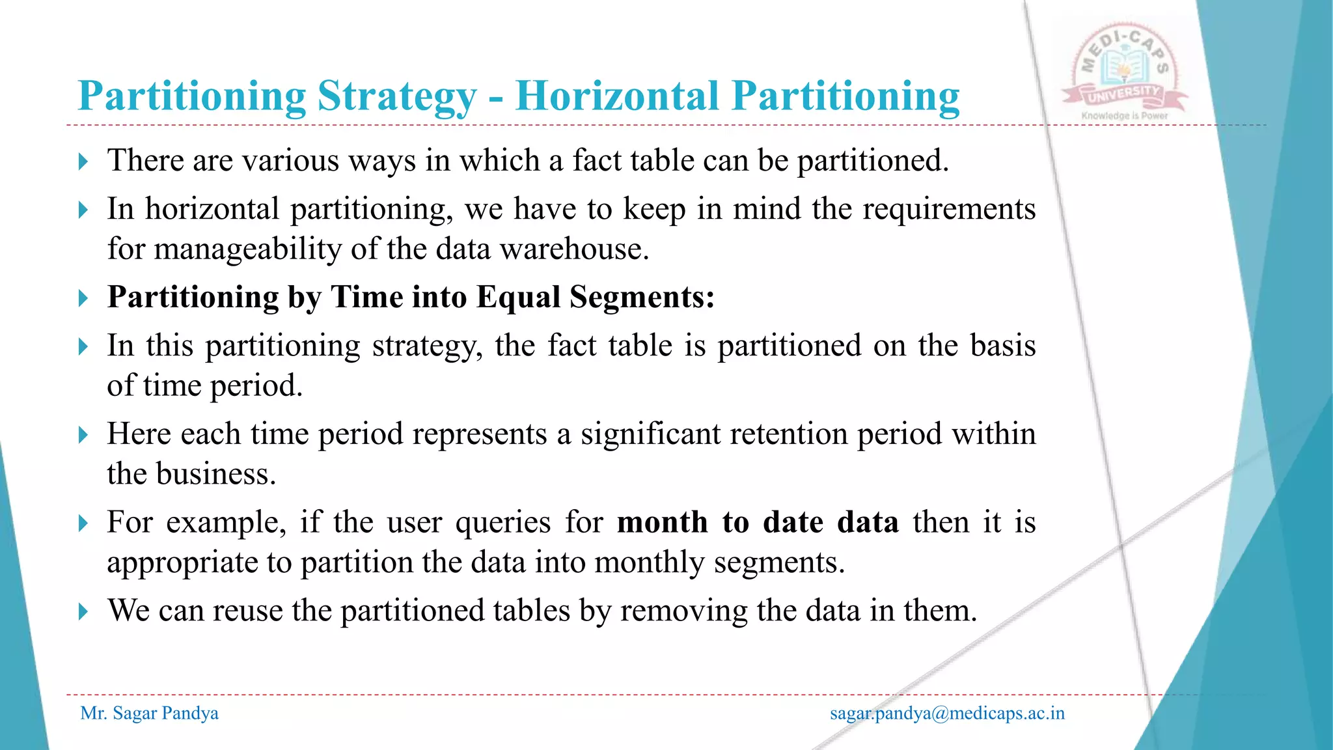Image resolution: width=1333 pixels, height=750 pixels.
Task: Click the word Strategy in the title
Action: coord(397,96)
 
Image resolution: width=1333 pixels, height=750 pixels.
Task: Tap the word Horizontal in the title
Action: coord(618,96)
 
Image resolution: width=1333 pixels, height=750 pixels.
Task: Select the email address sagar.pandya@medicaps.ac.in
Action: coord(947,714)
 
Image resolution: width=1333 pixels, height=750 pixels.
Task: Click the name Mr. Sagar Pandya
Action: coord(149,714)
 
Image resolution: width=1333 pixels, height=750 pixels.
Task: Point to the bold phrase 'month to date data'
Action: coord(758,522)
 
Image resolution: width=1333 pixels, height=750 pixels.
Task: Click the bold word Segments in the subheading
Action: coord(641,297)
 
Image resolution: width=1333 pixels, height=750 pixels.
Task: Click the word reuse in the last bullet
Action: coord(247,611)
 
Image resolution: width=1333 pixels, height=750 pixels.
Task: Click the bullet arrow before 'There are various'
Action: coord(83,161)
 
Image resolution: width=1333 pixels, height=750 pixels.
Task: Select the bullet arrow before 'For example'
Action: coord(83,523)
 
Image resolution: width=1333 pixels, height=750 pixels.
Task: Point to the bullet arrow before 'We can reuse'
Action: coord(83,611)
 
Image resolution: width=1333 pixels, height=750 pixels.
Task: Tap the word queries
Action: coord(502,522)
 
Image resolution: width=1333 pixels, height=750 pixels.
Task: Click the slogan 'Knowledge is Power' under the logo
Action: coord(1125,116)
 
